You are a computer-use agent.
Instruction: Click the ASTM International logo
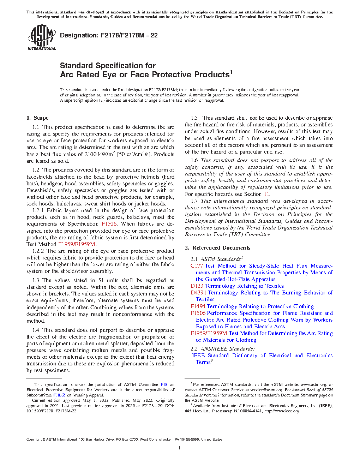42,37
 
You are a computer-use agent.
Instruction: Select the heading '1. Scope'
38,118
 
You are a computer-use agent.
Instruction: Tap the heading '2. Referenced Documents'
218,248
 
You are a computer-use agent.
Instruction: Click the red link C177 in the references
197,266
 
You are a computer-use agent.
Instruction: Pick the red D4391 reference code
198,293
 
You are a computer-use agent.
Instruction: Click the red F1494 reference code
198,306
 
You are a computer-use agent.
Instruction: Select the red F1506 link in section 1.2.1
109,224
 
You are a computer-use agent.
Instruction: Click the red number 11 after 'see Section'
266,194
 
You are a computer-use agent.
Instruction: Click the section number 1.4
36,330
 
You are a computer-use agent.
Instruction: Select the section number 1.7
194,201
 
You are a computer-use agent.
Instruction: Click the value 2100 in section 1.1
90,154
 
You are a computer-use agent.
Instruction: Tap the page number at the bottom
180,448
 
